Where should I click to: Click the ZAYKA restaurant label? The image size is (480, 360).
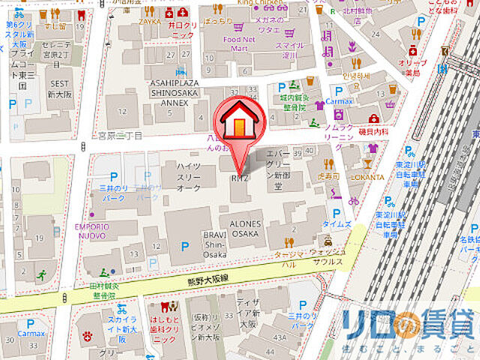[x=149, y=22]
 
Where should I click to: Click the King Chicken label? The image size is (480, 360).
[x=255, y=3]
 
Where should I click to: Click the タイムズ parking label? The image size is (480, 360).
[x=337, y=224]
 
